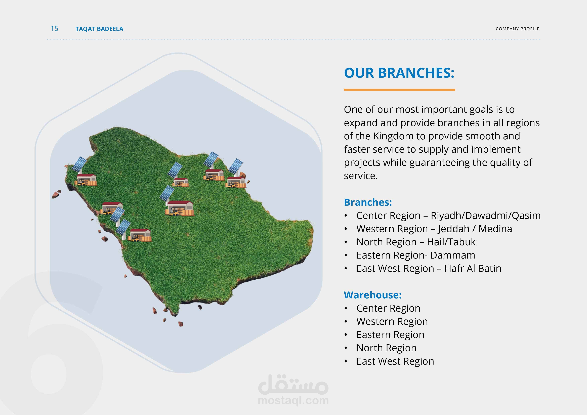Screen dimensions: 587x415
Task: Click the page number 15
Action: click(54, 28)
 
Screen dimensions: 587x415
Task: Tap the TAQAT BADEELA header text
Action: click(99, 29)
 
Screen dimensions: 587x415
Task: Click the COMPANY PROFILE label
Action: click(517, 29)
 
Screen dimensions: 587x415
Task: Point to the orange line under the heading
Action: click(399, 90)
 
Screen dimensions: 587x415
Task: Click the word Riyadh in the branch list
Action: click(446, 216)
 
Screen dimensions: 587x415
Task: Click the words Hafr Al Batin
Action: click(473, 268)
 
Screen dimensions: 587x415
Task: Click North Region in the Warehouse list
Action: click(387, 348)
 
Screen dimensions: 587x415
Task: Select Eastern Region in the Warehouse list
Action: click(390, 335)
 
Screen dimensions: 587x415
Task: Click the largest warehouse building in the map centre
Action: click(180, 208)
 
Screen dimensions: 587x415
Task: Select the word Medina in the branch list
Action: click(495, 229)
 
